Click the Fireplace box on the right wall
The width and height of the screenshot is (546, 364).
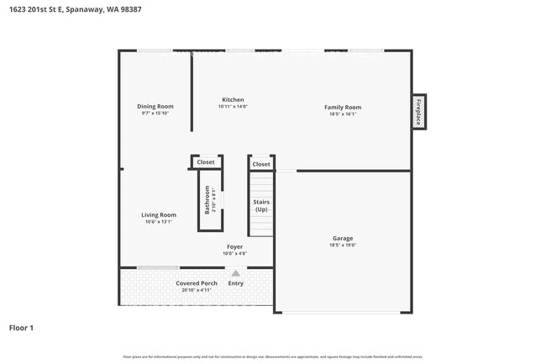pos(417,112)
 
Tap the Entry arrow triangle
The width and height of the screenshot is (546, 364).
pos(235,273)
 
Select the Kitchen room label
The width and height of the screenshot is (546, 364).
pos(233,99)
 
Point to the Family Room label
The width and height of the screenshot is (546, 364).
pos(343,107)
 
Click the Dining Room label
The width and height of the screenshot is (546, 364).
pos(155,106)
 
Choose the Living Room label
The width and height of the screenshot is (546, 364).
pos(158,215)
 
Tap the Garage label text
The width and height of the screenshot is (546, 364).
pos(342,238)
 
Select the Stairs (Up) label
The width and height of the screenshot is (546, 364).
pos(261,205)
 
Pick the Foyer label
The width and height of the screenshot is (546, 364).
pos(234,247)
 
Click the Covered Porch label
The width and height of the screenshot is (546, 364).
pos(197,283)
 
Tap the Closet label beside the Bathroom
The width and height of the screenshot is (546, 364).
pos(206,161)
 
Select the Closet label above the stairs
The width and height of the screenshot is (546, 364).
pos(261,164)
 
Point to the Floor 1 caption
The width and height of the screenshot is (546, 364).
pos(21,327)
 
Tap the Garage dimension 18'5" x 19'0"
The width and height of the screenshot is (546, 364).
pos(342,245)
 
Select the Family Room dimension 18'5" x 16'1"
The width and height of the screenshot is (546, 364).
pos(343,114)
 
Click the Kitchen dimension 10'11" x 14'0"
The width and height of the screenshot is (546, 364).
pos(233,107)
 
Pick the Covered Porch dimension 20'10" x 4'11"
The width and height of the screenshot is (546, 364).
pos(197,290)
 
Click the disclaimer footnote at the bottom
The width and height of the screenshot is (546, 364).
pos(273,356)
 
